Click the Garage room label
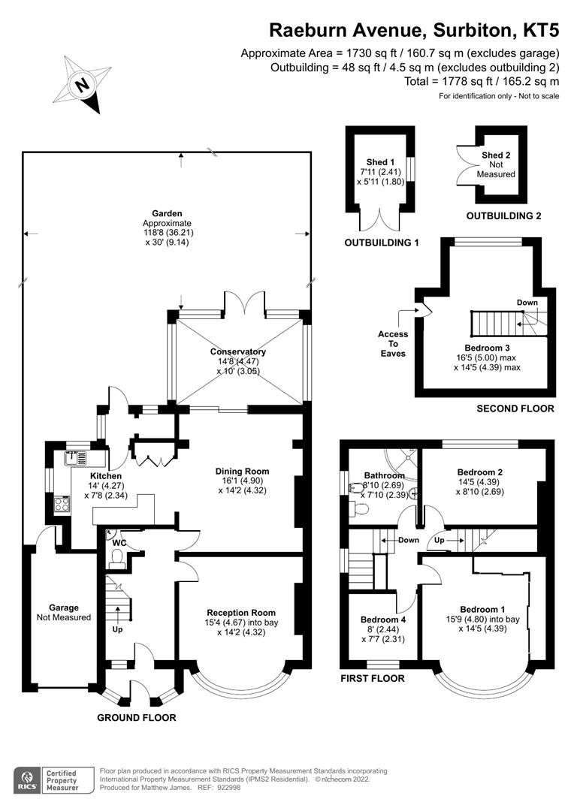(64, 607)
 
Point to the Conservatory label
(238, 351)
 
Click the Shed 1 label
(380, 162)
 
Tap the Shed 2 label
(496, 155)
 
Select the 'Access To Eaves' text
(393, 344)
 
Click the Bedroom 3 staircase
(496, 324)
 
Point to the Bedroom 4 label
(382, 620)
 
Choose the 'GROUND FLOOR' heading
(137, 718)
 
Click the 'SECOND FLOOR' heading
(515, 409)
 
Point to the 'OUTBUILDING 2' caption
(503, 216)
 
